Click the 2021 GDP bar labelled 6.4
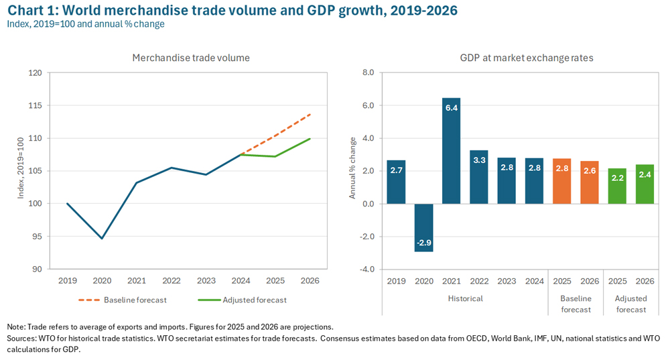click(x=452, y=151)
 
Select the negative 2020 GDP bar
click(x=423, y=227)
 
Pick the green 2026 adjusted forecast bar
click(x=645, y=184)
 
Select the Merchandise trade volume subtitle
click(x=191, y=58)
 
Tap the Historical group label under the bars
click(x=465, y=298)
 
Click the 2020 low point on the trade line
click(x=102, y=238)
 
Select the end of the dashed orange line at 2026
click(x=310, y=114)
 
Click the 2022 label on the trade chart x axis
click(x=171, y=280)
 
